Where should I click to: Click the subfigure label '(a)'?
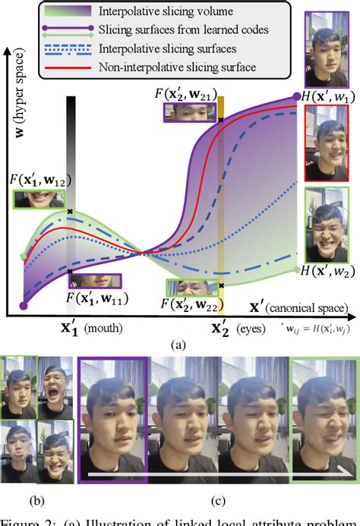click(x=178, y=344)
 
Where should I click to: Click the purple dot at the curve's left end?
click(x=24, y=306)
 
